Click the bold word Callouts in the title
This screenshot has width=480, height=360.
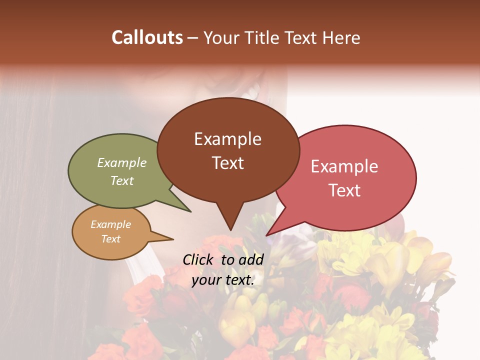(x=147, y=37)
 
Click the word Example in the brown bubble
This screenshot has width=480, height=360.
(x=227, y=139)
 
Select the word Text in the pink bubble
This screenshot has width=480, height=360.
(x=344, y=190)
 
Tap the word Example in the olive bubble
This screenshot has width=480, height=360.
(x=122, y=163)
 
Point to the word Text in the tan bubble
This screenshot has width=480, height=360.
(x=111, y=239)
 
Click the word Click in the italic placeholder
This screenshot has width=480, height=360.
(x=198, y=259)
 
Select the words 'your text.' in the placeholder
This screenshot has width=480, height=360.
(x=223, y=280)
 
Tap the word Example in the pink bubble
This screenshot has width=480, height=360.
(x=344, y=166)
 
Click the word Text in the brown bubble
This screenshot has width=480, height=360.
(x=227, y=163)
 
